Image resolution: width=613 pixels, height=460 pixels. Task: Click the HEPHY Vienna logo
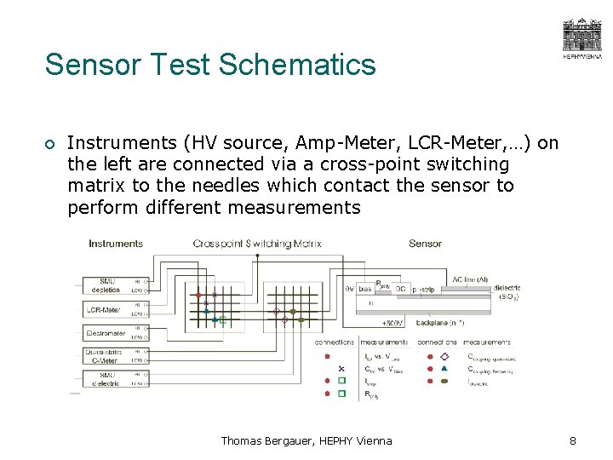coord(581,38)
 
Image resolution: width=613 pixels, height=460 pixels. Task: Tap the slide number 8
coord(572,440)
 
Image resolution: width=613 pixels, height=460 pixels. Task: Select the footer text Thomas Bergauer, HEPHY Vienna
coord(306,440)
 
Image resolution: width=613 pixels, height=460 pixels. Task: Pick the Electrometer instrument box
coord(106,333)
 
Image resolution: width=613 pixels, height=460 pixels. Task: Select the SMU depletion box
coord(106,285)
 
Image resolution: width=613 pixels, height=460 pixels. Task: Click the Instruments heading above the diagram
coord(116,244)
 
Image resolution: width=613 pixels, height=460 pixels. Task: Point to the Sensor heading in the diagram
coord(425,244)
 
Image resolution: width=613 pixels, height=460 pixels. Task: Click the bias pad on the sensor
coord(364,289)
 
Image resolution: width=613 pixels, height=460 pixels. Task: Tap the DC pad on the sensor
coord(401,289)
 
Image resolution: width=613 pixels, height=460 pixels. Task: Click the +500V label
coord(392,324)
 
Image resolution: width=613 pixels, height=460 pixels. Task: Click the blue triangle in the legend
coord(444,368)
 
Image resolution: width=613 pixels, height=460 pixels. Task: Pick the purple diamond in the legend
coord(444,356)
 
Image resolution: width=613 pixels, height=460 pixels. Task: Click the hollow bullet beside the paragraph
coord(51,143)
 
